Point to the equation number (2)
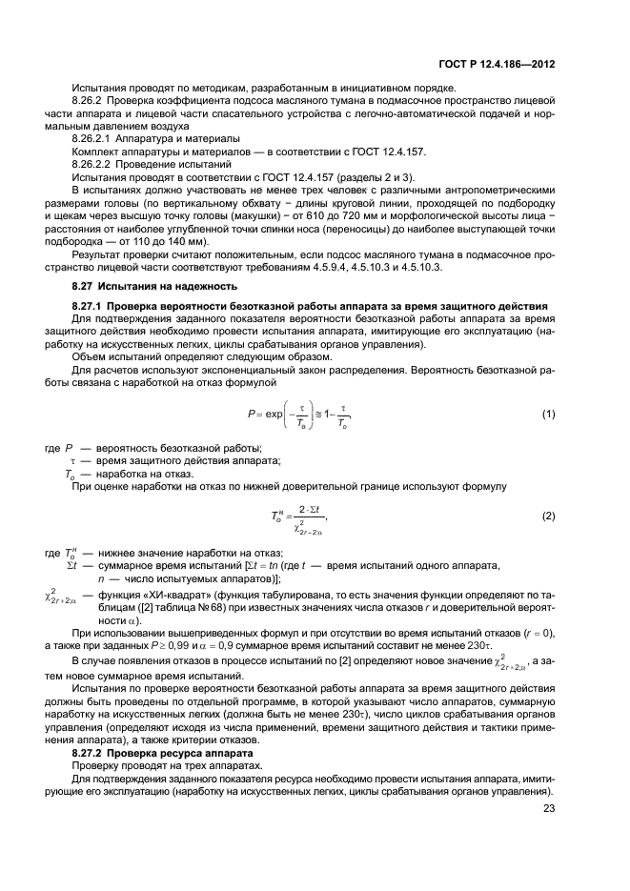(x=548, y=516)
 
